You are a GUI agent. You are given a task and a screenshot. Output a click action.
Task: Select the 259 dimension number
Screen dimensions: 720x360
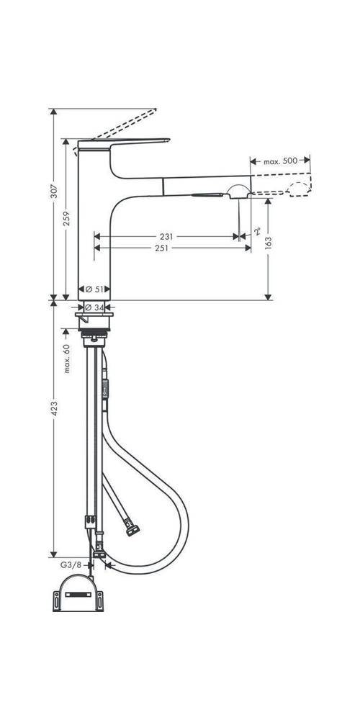(x=66, y=218)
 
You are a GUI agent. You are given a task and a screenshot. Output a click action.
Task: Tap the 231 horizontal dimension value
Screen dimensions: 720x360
(x=166, y=236)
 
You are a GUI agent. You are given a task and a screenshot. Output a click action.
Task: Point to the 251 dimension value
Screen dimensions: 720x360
(x=161, y=248)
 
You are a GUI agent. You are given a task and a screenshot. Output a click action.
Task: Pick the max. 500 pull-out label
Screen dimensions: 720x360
(x=280, y=161)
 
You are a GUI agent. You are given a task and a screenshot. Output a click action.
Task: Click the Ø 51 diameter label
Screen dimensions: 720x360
(x=94, y=289)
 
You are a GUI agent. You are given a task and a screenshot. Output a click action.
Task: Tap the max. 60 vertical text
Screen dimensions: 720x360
(x=66, y=358)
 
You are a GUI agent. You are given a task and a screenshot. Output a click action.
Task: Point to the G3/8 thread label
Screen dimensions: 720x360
(x=73, y=567)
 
